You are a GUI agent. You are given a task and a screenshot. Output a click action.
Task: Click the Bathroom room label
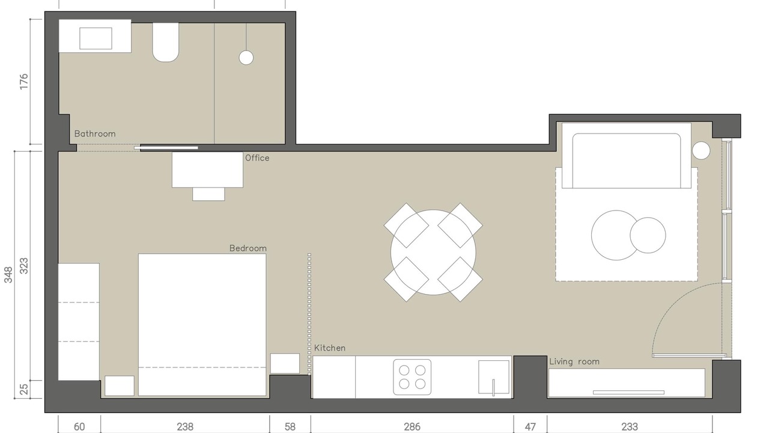pyautogui.click(x=95, y=134)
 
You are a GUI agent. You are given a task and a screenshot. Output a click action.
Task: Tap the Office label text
pyautogui.click(x=257, y=158)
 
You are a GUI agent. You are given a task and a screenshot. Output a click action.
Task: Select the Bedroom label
pyautogui.click(x=248, y=248)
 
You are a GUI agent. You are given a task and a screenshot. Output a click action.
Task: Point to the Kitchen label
pyautogui.click(x=330, y=348)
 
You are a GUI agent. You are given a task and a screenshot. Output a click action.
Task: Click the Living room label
pyautogui.click(x=574, y=361)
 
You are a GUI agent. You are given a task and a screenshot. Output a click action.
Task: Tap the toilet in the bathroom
pyautogui.click(x=166, y=42)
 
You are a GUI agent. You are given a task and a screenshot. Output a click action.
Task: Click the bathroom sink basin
pyautogui.click(x=96, y=38)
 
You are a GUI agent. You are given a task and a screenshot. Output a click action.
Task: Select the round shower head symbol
pyautogui.click(x=246, y=58)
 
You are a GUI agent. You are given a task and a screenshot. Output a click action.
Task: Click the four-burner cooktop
pyautogui.click(x=412, y=377)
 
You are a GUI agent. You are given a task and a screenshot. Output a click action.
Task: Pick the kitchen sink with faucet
pyautogui.click(x=494, y=377)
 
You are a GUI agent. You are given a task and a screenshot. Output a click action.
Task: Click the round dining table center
pyautogui.click(x=433, y=252)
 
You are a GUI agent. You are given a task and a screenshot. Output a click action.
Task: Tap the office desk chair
pyautogui.click(x=208, y=194)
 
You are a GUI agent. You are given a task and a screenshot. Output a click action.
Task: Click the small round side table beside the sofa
pyautogui.click(x=701, y=150)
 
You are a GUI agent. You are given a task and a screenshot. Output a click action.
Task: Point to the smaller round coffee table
pyautogui.click(x=648, y=235)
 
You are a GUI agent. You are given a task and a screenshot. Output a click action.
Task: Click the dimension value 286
pyautogui.click(x=412, y=427)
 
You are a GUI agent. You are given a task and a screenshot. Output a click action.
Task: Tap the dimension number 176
pyautogui.click(x=23, y=82)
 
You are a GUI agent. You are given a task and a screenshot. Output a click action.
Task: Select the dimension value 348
pyautogui.click(x=8, y=275)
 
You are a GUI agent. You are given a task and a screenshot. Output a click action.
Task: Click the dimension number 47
pyautogui.click(x=530, y=427)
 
